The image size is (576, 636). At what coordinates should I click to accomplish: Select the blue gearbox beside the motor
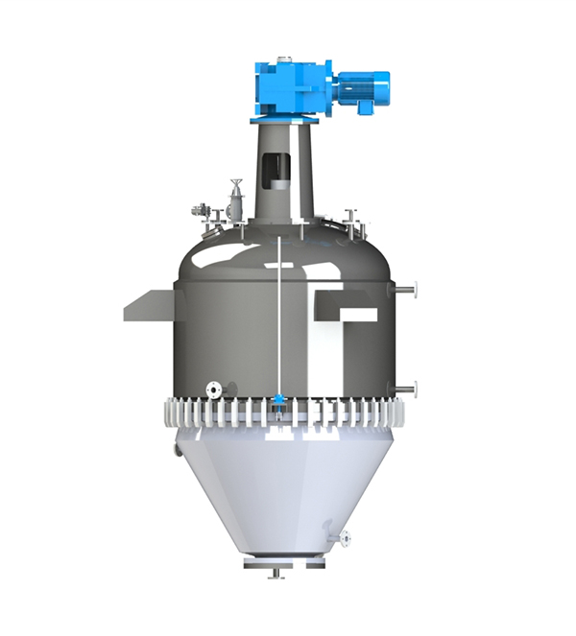(293, 88)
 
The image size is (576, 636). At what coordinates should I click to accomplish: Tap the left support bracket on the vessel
(149, 306)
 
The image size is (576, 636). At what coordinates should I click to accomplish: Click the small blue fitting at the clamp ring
(278, 401)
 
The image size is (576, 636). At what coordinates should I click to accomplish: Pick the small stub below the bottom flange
(276, 575)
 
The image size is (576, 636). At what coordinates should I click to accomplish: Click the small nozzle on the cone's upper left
(178, 448)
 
